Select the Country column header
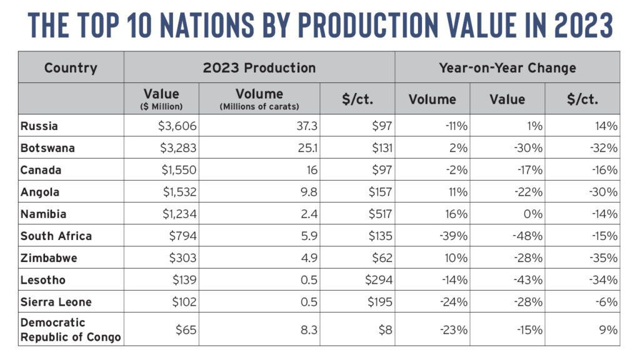point(71,67)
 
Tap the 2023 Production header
point(259,67)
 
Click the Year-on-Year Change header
point(507,67)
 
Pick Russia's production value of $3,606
point(177,126)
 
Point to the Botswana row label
point(47,148)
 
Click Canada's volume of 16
point(311,170)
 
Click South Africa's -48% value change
point(528,236)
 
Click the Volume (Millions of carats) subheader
point(259,99)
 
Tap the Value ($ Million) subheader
point(161,99)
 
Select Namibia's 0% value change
point(533,214)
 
